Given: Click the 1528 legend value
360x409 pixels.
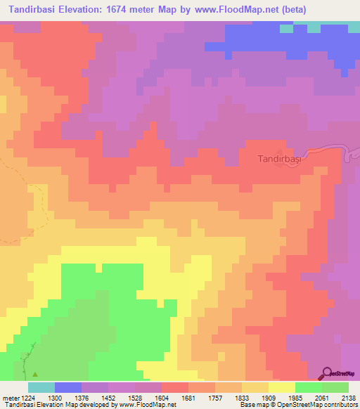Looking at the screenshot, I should tap(135, 398).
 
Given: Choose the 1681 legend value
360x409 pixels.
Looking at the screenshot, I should tap(188, 398).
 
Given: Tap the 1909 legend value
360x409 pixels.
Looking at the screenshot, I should tap(269, 398).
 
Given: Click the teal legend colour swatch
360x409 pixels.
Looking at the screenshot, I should tap(41, 387).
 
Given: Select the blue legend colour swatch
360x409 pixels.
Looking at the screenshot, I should tap(68, 387).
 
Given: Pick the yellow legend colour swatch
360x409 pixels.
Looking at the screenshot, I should tap(281, 387).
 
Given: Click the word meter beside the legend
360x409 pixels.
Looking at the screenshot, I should tap(8, 398).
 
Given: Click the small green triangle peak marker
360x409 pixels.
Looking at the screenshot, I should tap(34, 374).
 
